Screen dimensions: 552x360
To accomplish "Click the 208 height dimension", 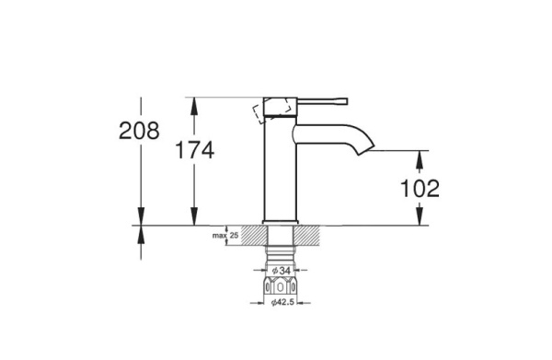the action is tap(139, 131).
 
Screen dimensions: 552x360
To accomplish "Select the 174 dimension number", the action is tap(195, 150).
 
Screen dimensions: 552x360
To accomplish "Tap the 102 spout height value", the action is tap(420, 189).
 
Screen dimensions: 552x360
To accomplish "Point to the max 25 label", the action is tap(225, 236).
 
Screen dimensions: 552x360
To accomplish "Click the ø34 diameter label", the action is tap(281, 271).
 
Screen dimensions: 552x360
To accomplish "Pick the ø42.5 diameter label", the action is tap(282, 303).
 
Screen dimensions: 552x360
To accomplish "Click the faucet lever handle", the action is tap(323, 101).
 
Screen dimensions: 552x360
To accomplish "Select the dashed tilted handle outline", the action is tap(271, 110).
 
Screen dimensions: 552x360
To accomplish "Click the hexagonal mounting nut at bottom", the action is tap(280, 285).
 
